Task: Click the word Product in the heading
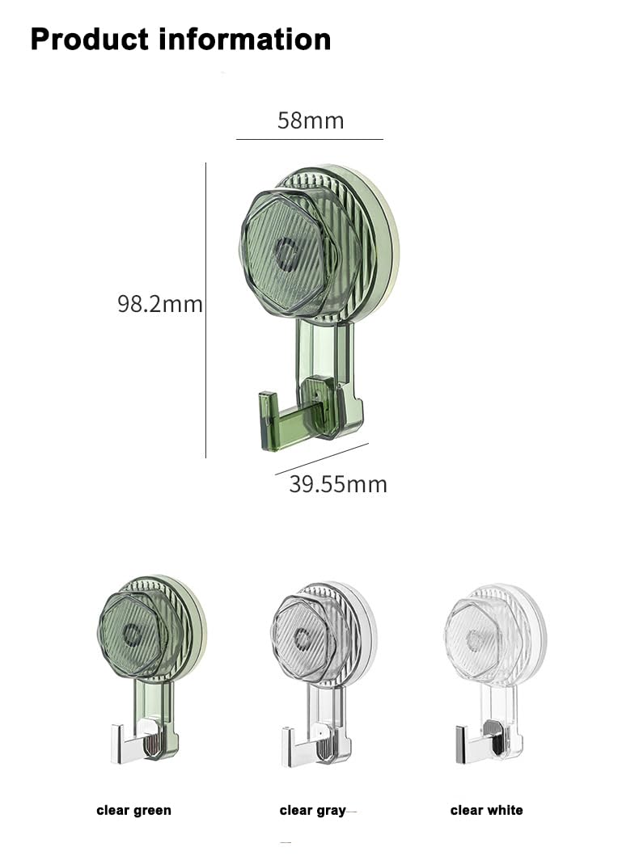tap(89, 39)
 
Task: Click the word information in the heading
tap(246, 39)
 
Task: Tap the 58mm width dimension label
tap(311, 120)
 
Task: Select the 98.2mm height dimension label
tap(160, 304)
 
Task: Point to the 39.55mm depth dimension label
tap(338, 484)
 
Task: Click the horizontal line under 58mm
tap(309, 139)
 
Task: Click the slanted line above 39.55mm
tap(321, 458)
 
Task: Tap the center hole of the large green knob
tap(286, 252)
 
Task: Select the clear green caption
tap(134, 810)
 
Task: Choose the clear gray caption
tap(312, 810)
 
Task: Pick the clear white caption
tap(487, 810)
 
